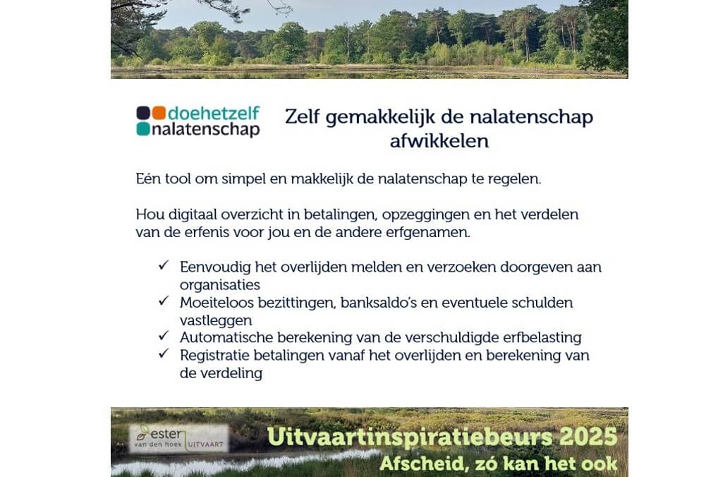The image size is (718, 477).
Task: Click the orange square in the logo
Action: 159,113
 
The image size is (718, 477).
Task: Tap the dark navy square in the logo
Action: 143,113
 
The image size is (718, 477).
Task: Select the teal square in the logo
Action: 143,128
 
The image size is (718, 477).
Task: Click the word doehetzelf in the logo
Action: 214,113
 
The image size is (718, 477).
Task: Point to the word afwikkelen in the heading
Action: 439,140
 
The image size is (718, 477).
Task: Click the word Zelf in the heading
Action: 302,117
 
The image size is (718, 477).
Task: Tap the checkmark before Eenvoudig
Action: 164,265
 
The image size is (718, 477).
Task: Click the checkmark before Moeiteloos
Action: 164,301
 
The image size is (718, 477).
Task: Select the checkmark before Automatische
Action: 164,336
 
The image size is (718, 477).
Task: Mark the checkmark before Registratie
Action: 164,354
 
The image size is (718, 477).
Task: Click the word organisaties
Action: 220,285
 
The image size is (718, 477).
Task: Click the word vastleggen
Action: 216,321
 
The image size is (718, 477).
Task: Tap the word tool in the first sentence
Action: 178,179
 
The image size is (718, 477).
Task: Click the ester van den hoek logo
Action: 178,438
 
